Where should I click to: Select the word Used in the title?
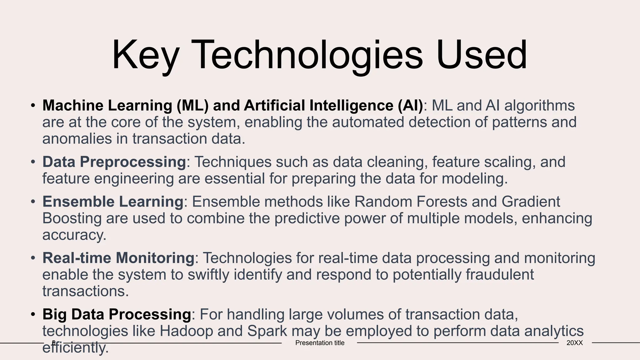[x=482, y=55]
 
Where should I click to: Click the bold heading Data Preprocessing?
[x=114, y=162]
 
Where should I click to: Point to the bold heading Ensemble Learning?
[x=113, y=202]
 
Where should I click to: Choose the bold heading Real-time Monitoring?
[x=118, y=258]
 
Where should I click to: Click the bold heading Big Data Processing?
[x=117, y=314]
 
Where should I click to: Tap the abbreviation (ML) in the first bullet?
[x=192, y=106]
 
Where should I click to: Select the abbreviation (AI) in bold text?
[x=410, y=106]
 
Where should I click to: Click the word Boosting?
[x=72, y=218]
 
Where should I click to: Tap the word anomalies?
[x=77, y=139]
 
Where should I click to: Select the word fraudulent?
[x=500, y=275]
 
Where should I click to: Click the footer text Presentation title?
[x=320, y=343]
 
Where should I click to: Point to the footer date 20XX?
[x=574, y=343]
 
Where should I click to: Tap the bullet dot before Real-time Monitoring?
[x=33, y=258]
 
